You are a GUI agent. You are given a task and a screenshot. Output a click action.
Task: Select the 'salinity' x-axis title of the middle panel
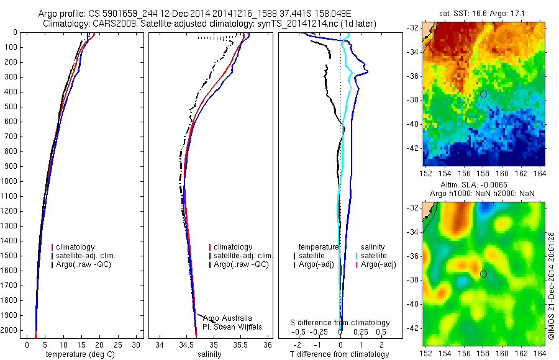click(x=209, y=354)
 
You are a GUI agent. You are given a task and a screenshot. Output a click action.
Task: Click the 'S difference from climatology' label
click(x=340, y=323)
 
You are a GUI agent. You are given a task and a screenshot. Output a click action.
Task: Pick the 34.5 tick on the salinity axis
click(x=186, y=344)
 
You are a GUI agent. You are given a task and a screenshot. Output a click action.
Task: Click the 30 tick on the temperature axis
click(x=137, y=344)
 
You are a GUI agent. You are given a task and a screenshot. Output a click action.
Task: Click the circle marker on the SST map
click(x=483, y=94)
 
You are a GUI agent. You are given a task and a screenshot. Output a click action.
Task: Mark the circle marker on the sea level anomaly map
click(x=483, y=274)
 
